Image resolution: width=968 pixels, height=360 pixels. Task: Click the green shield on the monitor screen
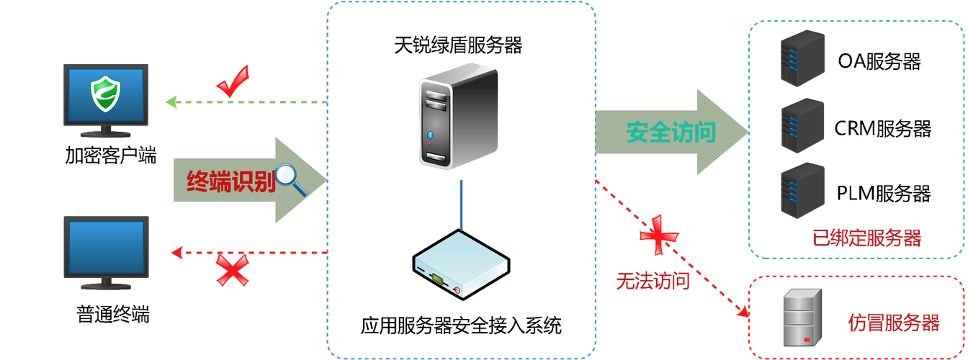105,94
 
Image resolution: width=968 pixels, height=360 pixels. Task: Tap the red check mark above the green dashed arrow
233,81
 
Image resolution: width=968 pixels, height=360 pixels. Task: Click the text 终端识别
231,181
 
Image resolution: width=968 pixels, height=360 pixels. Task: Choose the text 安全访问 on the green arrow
671,132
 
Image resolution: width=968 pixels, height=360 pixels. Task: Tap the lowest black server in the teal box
802,190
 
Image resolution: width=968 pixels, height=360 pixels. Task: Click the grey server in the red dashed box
802,316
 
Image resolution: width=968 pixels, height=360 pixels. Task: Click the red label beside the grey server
893,322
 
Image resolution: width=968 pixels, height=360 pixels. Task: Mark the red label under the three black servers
866,238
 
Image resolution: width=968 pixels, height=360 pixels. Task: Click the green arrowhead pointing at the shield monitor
171,102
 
